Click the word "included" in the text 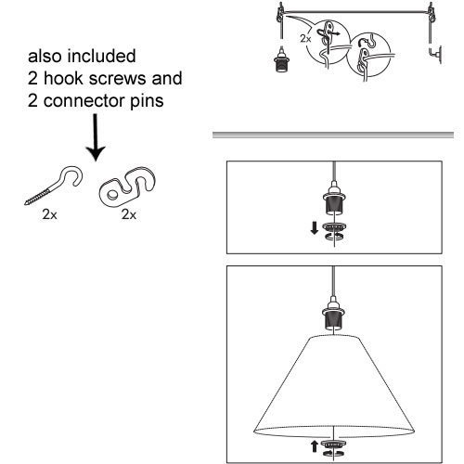(102, 56)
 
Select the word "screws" (117, 79)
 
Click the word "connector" (84, 101)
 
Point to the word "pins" (147, 101)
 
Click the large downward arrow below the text (96, 137)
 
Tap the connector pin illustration (127, 188)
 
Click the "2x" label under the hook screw (49, 214)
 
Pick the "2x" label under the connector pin (129, 214)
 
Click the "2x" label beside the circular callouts (305, 39)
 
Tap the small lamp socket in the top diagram (281, 59)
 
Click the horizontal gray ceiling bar (333, 135)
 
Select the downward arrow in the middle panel (315, 228)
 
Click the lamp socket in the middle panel (334, 200)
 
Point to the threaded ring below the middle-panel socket (334, 227)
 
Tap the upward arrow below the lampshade (315, 446)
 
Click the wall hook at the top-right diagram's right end (436, 55)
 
